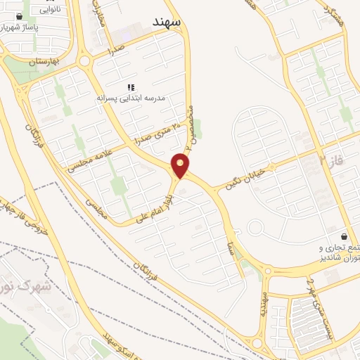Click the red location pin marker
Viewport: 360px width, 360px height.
click(x=181, y=166)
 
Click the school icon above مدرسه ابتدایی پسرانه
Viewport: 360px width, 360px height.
click(x=131, y=87)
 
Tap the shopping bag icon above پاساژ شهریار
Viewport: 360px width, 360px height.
click(x=18, y=17)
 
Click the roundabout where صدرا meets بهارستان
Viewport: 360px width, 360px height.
click(x=85, y=60)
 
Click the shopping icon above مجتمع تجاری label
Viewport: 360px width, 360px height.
click(x=344, y=237)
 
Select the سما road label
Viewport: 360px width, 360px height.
click(x=230, y=245)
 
